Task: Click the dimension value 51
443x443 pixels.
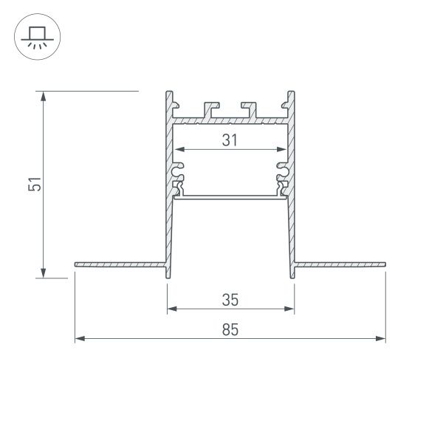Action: click(x=33, y=185)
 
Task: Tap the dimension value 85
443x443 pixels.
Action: click(x=230, y=330)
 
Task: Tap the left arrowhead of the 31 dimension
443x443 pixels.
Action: click(x=179, y=149)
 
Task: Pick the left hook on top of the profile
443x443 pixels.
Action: click(x=213, y=109)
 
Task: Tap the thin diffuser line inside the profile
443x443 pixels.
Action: click(x=230, y=196)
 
